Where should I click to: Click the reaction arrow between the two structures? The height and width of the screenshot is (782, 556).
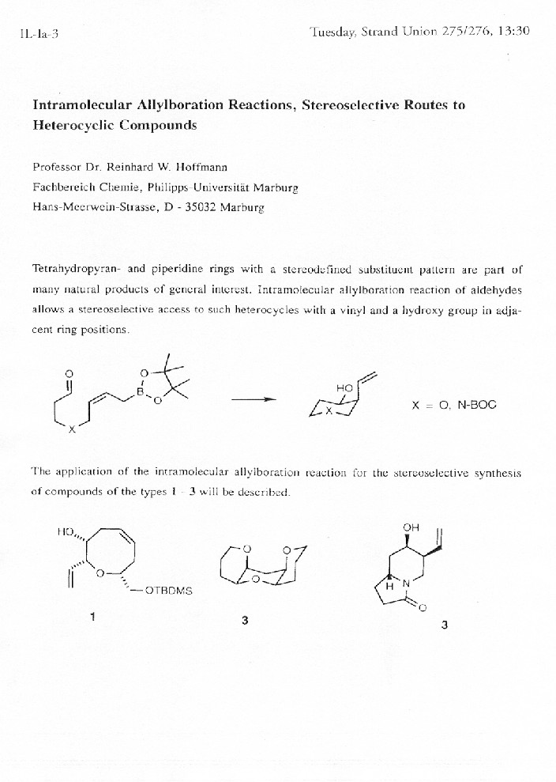tap(253, 399)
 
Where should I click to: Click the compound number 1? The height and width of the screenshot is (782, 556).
tap(92, 618)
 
